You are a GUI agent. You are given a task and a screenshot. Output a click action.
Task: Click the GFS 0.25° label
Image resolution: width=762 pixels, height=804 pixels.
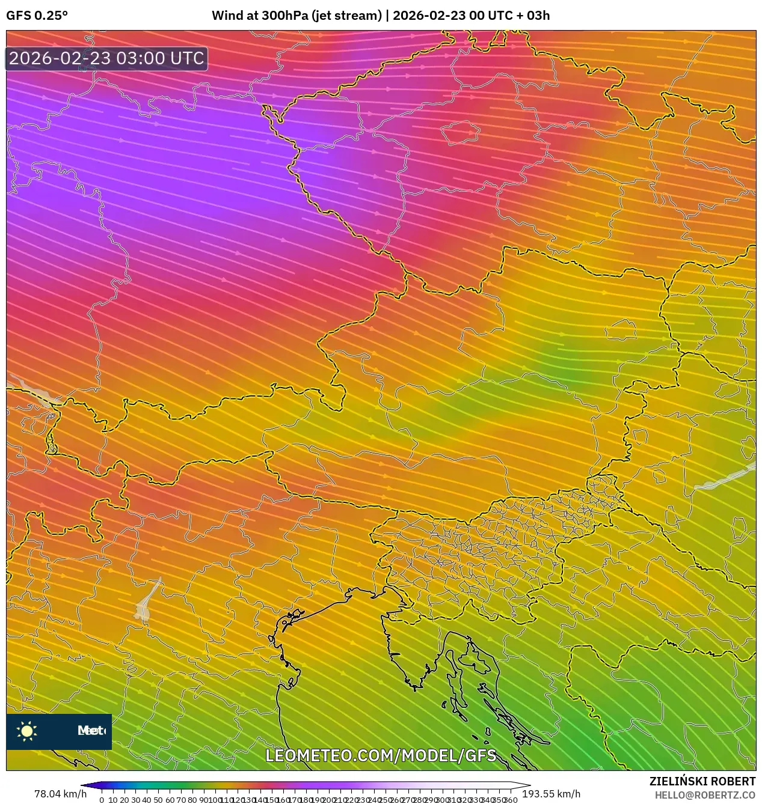point(37,16)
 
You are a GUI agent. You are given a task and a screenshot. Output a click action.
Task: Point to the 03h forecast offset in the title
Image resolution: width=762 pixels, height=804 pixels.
point(538,16)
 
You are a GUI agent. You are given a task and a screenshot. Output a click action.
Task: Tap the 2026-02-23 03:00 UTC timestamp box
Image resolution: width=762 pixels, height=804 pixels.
point(106,58)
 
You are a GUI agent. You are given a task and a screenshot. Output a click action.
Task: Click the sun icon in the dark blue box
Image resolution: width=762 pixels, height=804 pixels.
point(27,731)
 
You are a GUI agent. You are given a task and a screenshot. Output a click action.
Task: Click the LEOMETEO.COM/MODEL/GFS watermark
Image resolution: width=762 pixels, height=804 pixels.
point(381,755)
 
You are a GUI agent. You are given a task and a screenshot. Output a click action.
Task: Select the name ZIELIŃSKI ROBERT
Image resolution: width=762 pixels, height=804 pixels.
point(702,781)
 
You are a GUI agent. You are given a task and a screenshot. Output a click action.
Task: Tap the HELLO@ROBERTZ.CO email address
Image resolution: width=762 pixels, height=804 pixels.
point(705,794)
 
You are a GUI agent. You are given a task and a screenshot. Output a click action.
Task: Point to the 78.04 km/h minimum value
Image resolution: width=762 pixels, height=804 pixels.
point(60,794)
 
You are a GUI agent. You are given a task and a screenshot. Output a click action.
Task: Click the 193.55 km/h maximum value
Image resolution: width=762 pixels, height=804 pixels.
point(551,794)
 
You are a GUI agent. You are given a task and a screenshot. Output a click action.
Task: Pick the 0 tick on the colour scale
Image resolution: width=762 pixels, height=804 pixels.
point(102,800)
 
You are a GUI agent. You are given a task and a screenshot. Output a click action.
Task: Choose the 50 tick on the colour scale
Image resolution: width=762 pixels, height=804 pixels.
point(158,800)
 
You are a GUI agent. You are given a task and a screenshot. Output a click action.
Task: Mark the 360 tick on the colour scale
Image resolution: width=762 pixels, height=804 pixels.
point(511,800)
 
